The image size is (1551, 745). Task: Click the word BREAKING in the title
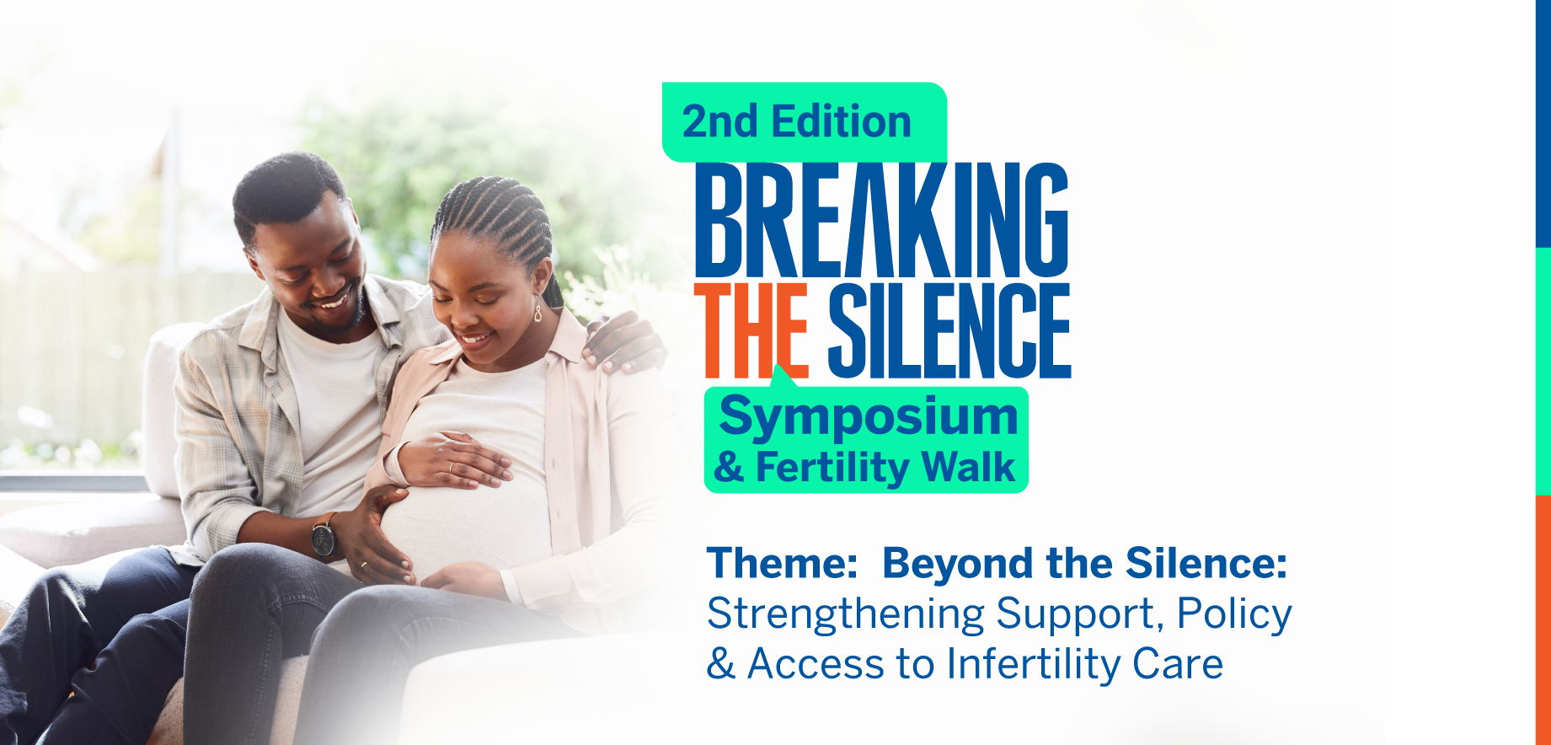[x=882, y=220]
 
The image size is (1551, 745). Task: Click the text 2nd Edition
[x=797, y=121]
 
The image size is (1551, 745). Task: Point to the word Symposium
[x=869, y=417]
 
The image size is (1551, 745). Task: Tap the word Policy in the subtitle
[x=1234, y=614]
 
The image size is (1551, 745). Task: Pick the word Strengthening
[x=846, y=614]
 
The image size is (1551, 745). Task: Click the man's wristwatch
[x=324, y=536]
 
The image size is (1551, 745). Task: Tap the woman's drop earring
[x=538, y=309]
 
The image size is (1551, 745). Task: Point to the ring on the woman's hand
[x=452, y=468]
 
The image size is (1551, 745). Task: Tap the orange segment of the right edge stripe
[x=1543, y=620]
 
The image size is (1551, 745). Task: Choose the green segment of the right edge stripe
[x=1543, y=372]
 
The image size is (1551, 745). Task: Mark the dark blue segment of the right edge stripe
[x=1543, y=124]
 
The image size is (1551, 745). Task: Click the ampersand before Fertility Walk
[x=729, y=468]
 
